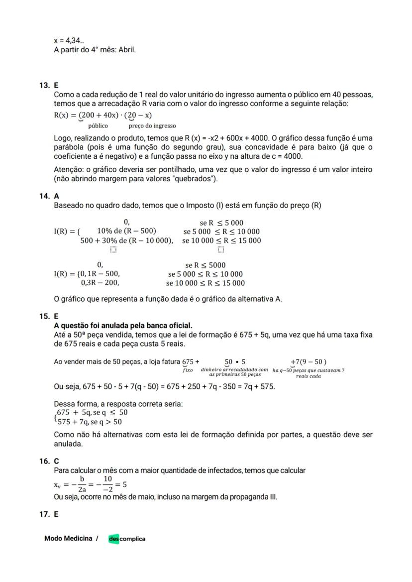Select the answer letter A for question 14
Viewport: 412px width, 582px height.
click(x=56, y=197)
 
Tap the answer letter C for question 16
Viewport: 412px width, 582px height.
click(x=56, y=462)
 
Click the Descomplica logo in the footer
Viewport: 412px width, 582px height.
click(x=127, y=539)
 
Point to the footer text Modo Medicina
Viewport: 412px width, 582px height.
click(x=68, y=538)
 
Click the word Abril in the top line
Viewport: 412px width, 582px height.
click(x=127, y=50)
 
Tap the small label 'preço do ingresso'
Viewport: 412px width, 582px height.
click(x=152, y=126)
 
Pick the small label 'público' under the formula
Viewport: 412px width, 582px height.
click(x=98, y=126)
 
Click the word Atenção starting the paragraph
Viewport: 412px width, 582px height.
click(x=69, y=170)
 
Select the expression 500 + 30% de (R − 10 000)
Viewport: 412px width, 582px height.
click(x=127, y=240)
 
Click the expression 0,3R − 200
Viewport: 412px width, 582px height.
click(x=100, y=283)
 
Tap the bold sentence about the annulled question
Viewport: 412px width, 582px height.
click(x=123, y=326)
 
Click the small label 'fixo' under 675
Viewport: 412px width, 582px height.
click(x=188, y=370)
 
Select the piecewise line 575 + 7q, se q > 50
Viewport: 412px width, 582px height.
click(x=89, y=422)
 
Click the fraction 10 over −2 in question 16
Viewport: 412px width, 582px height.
click(x=107, y=484)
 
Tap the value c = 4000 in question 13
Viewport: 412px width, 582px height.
click(x=285, y=156)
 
